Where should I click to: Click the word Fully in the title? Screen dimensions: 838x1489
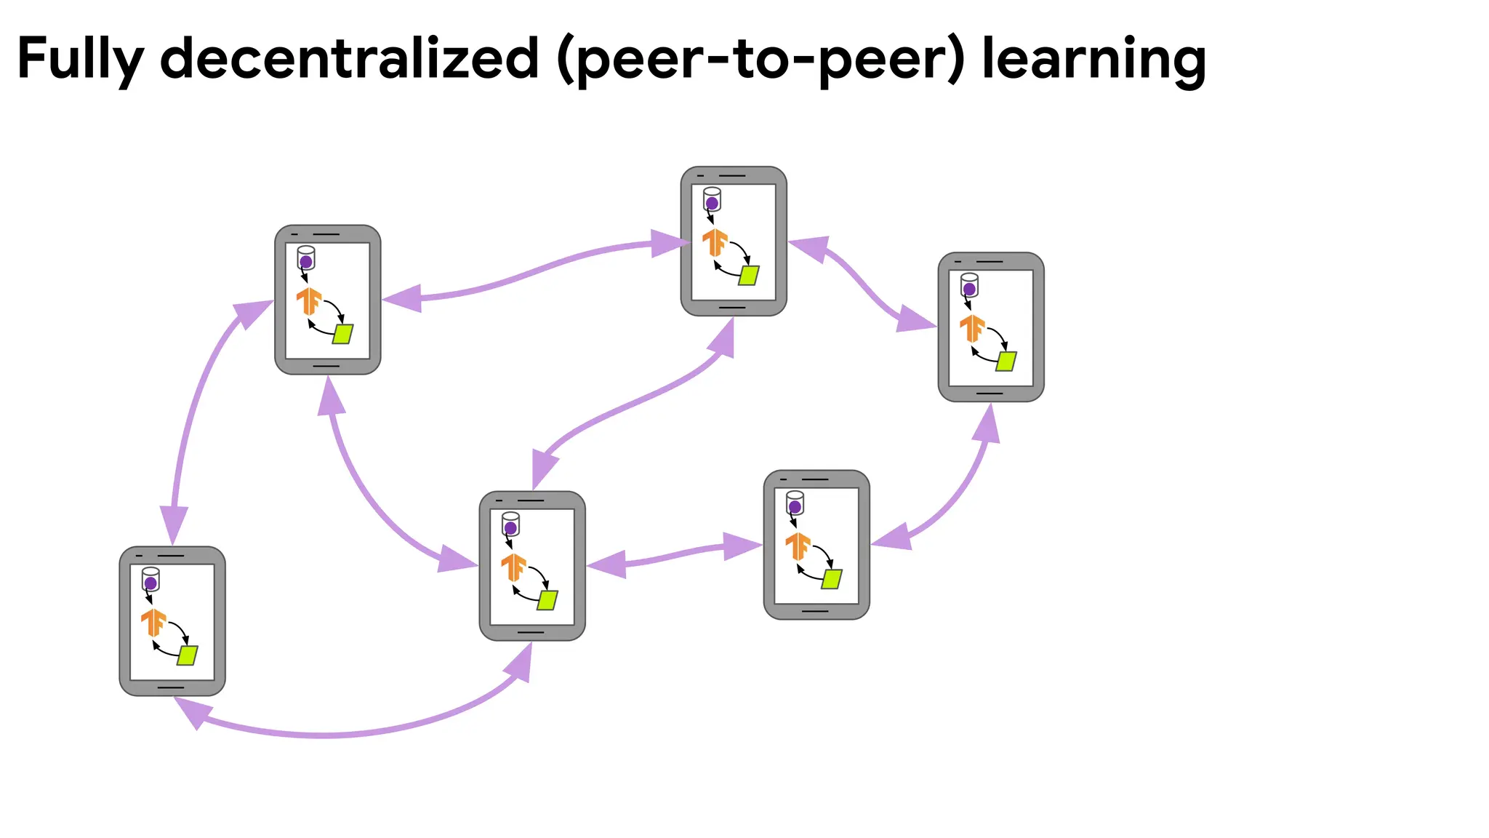(x=80, y=60)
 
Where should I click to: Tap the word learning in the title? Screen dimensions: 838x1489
(x=1093, y=60)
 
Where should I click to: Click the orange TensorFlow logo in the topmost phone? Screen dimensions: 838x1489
(x=715, y=242)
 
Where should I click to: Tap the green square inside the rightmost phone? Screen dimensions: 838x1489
(x=1006, y=361)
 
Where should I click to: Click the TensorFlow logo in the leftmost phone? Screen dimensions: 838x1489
(x=153, y=623)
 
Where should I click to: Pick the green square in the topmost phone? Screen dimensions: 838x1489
(x=749, y=275)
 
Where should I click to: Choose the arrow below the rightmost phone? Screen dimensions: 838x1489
(x=960, y=487)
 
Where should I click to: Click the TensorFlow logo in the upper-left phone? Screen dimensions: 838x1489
(x=309, y=300)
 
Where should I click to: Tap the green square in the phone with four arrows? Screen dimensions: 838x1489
(x=547, y=600)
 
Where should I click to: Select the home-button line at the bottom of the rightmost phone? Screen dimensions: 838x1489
(x=990, y=394)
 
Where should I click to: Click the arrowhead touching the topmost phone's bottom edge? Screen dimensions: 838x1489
(x=723, y=338)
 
